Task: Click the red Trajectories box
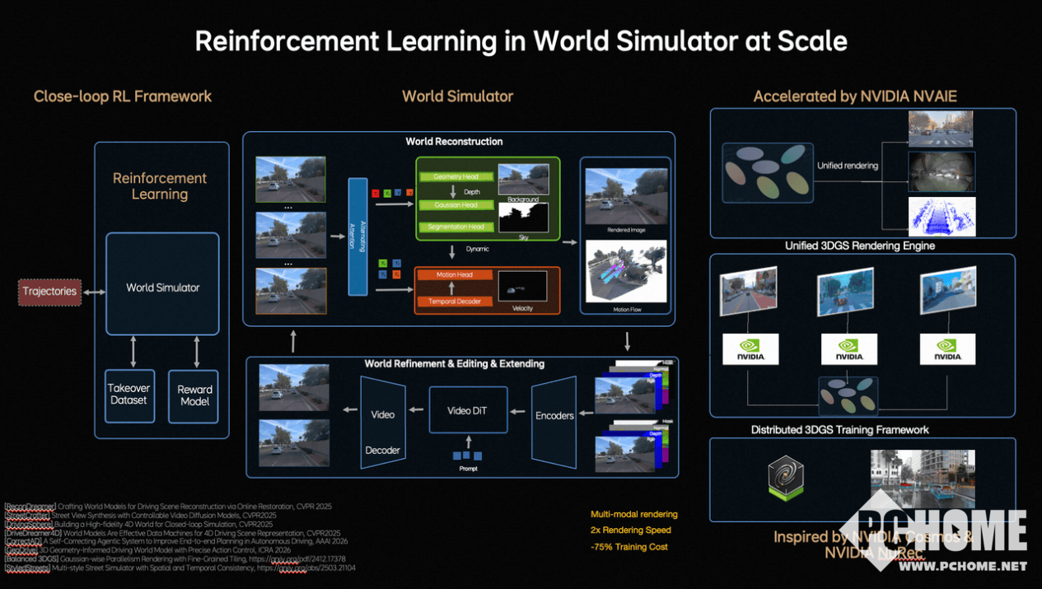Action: tap(49, 292)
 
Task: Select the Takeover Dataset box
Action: tap(130, 395)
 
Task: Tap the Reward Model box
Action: tap(194, 395)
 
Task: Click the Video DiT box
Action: tap(466, 410)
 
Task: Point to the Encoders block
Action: tap(554, 416)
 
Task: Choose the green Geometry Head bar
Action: tap(456, 176)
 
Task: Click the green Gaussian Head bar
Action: tap(456, 205)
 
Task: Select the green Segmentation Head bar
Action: tap(456, 227)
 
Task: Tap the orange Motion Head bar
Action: tap(455, 274)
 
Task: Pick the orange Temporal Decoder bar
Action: tap(455, 302)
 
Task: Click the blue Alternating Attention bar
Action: tap(357, 236)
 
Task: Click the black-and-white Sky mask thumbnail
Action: tap(523, 217)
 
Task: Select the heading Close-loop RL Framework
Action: tap(123, 96)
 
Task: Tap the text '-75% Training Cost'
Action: tap(628, 547)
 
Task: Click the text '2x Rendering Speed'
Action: tap(630, 531)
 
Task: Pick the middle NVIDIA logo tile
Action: tap(848, 348)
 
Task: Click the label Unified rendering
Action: tap(847, 166)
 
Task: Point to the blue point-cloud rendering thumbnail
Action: tap(942, 216)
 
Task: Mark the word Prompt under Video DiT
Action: tap(467, 469)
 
